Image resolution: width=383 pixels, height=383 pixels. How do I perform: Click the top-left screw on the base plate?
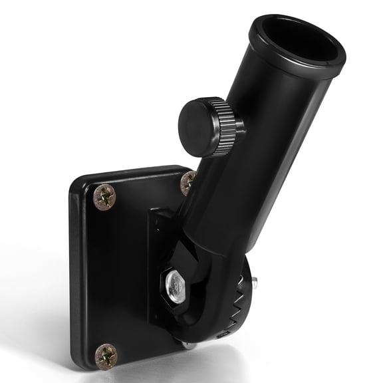click(104, 196)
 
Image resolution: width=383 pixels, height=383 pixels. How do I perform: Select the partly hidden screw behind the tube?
click(188, 182)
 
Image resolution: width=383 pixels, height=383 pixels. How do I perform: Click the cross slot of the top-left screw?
click(104, 196)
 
